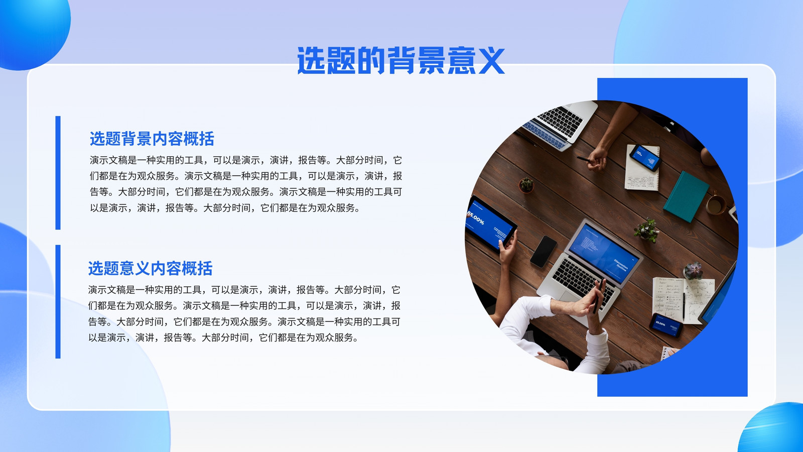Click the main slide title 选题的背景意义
coord(401,60)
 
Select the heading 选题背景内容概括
coord(152,139)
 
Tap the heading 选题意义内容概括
coord(151,268)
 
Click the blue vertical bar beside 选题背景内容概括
coord(58,173)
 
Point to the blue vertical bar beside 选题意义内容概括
coord(58,302)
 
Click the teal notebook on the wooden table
coord(686,196)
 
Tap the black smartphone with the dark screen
coord(544,252)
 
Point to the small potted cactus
coord(526,185)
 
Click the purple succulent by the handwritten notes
coord(693,270)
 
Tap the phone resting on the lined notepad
coord(645,158)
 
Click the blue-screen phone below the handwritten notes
coord(666,325)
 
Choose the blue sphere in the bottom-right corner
coord(772,429)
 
